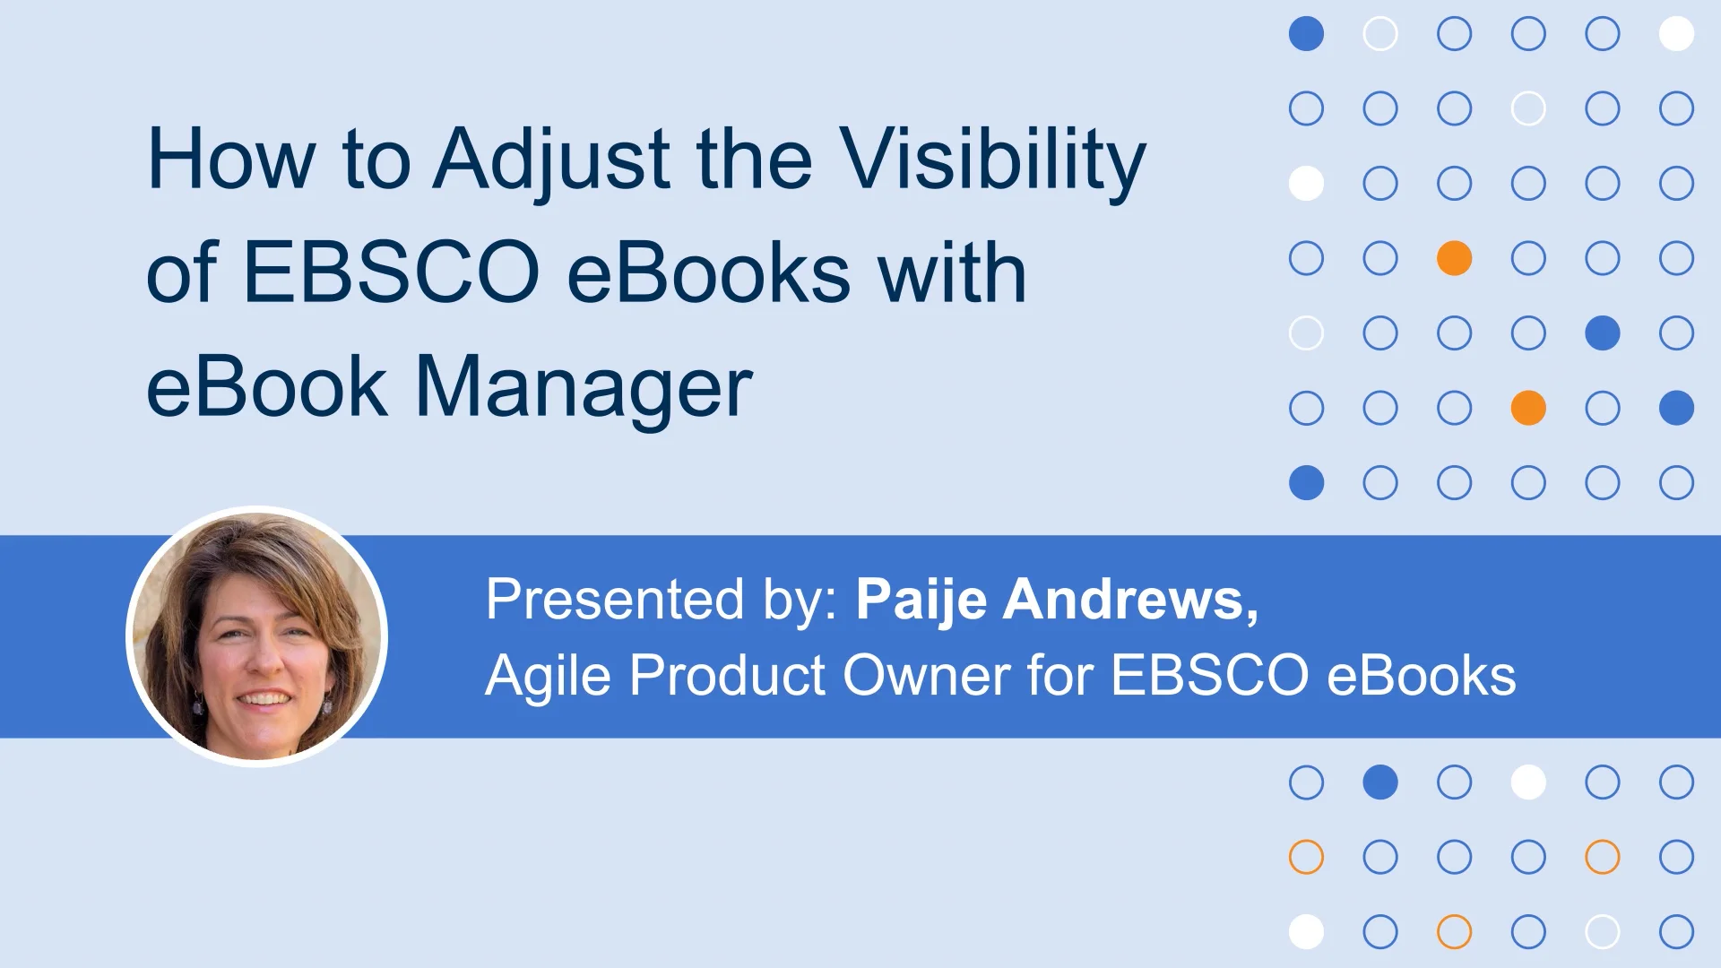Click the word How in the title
[231, 160]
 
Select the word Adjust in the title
[551, 160]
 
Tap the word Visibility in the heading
[992, 160]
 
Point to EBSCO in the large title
[391, 272]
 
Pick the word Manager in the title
[584, 387]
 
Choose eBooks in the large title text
[708, 272]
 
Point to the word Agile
[548, 675]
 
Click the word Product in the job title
[727, 675]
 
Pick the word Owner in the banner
[926, 675]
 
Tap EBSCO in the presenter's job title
[1210, 675]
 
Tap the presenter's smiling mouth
[264, 698]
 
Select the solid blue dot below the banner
[1380, 782]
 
